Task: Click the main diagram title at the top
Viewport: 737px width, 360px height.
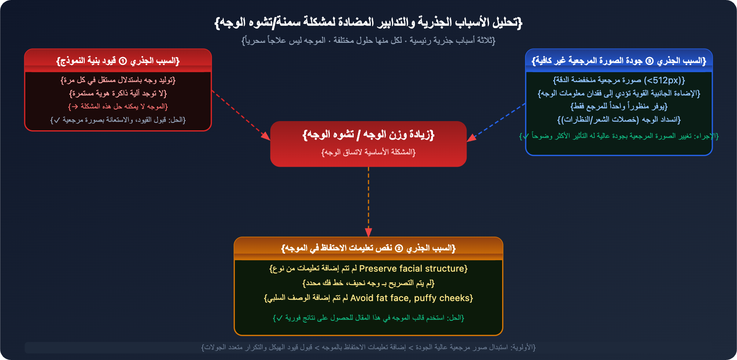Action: (x=368, y=22)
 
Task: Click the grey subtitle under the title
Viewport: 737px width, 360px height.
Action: (x=368, y=41)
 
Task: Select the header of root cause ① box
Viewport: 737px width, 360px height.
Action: (x=118, y=61)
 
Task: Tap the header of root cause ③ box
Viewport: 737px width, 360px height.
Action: (x=619, y=61)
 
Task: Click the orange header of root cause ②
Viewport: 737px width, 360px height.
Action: (x=368, y=248)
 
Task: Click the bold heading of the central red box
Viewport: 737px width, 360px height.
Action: (x=368, y=134)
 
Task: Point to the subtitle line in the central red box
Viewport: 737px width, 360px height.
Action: (x=368, y=152)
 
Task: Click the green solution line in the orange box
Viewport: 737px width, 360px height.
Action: (x=368, y=318)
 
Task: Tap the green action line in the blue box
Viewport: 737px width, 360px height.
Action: (x=619, y=136)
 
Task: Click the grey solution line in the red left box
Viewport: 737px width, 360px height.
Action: (x=118, y=120)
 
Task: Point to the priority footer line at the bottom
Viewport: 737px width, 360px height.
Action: (x=368, y=347)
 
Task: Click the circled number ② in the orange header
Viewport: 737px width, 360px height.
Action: (x=399, y=248)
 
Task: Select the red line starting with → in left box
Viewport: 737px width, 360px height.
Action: (x=118, y=106)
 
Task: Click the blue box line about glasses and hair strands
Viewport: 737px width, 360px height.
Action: (x=619, y=120)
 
